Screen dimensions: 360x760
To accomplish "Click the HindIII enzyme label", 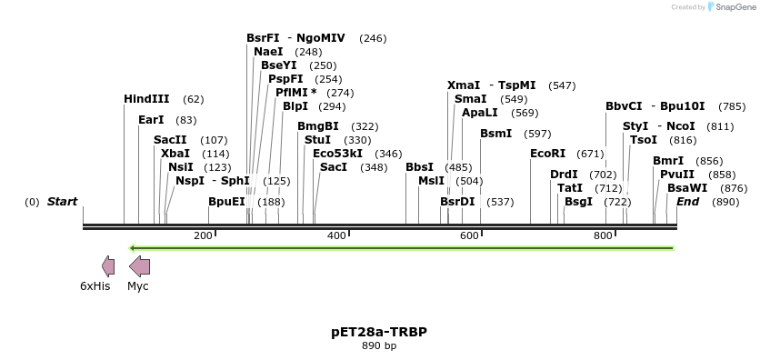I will (146, 98).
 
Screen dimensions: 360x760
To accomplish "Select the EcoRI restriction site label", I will (547, 154).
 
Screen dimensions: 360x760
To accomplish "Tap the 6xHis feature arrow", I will (108, 266).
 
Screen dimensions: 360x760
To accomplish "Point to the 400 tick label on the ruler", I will (335, 235).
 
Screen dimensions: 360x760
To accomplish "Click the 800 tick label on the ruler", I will (604, 235).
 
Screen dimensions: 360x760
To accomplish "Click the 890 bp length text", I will (379, 345).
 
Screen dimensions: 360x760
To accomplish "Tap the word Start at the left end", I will (62, 201).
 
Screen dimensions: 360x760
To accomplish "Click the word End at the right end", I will (687, 201).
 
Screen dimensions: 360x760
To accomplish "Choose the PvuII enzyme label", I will (677, 174).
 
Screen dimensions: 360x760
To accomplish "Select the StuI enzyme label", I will (317, 140).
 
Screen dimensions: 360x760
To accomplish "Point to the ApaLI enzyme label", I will (480, 113).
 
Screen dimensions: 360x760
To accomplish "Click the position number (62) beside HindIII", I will (194, 98).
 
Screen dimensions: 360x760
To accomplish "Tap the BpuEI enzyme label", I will (226, 201).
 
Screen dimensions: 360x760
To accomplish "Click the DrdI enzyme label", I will (564, 174).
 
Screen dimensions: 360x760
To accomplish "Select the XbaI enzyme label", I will (175, 154).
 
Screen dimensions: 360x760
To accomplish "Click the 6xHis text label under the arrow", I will (95, 285).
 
